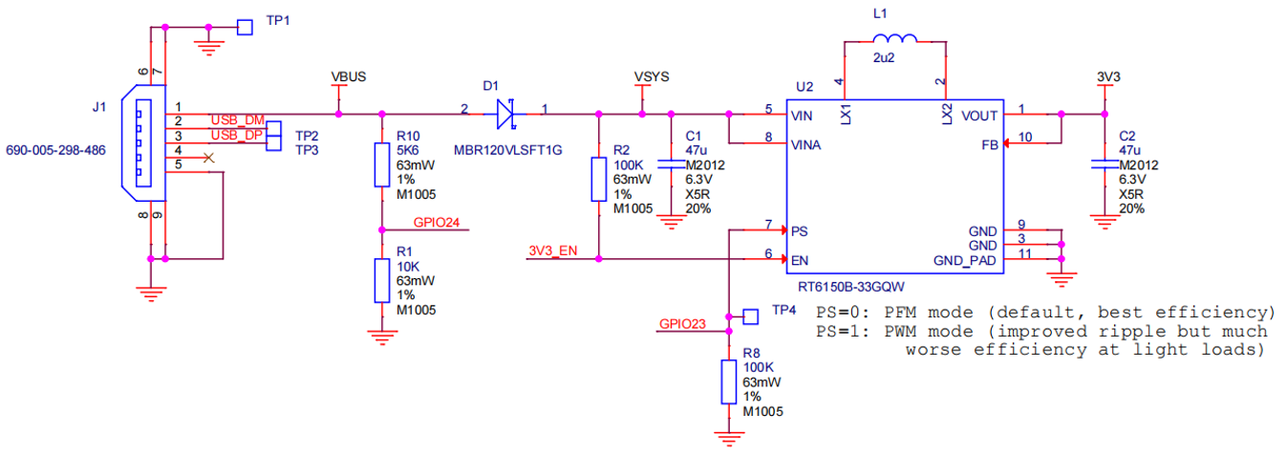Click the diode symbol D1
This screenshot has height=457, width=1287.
pyautogui.click(x=505, y=114)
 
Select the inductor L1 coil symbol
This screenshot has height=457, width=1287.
pyautogui.click(x=894, y=38)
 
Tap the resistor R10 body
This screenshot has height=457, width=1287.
pyautogui.click(x=382, y=165)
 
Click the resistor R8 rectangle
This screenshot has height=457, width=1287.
pyautogui.click(x=728, y=381)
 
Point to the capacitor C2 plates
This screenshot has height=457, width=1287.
pyautogui.click(x=1105, y=164)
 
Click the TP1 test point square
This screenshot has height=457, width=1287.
pyautogui.click(x=245, y=27)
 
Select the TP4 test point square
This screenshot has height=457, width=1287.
pyautogui.click(x=750, y=316)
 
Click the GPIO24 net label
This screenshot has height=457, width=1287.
pyautogui.click(x=437, y=223)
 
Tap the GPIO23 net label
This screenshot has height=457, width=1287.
pyautogui.click(x=682, y=324)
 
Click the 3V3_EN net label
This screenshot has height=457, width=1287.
pyautogui.click(x=552, y=250)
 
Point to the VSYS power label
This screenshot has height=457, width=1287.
pyautogui.click(x=652, y=76)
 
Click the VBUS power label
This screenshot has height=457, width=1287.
pyautogui.click(x=348, y=76)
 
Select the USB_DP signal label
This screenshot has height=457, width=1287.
pyautogui.click(x=237, y=135)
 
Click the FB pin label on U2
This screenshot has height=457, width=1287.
pyautogui.click(x=990, y=145)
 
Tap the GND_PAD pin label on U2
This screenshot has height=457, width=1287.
pyautogui.click(x=964, y=260)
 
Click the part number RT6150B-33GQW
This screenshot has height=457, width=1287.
pyautogui.click(x=851, y=286)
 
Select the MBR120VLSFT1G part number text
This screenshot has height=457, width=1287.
pyautogui.click(x=508, y=150)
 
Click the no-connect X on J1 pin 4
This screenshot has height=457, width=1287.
pyautogui.click(x=208, y=158)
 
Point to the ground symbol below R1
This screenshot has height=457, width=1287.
pyautogui.click(x=382, y=337)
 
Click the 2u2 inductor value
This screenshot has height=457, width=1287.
pyautogui.click(x=884, y=57)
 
